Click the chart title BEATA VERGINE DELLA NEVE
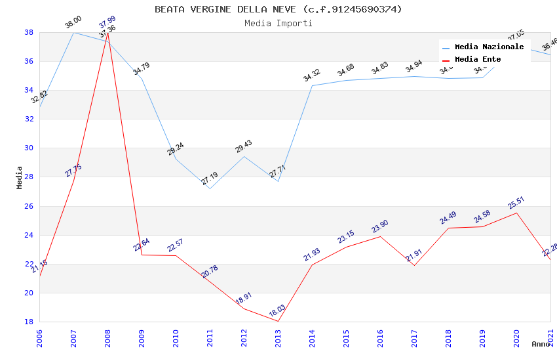click(x=278, y=9)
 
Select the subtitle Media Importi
click(x=278, y=23)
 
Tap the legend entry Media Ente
click(x=478, y=59)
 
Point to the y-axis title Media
click(x=20, y=177)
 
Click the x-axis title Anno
click(x=540, y=344)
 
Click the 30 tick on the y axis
click(x=29, y=148)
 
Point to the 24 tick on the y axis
click(x=29, y=235)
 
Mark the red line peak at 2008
click(x=107, y=33)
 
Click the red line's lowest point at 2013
click(x=278, y=321)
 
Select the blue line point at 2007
click(x=73, y=32)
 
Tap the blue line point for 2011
click(x=210, y=188)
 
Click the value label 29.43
click(x=244, y=146)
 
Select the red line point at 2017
click(x=414, y=265)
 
